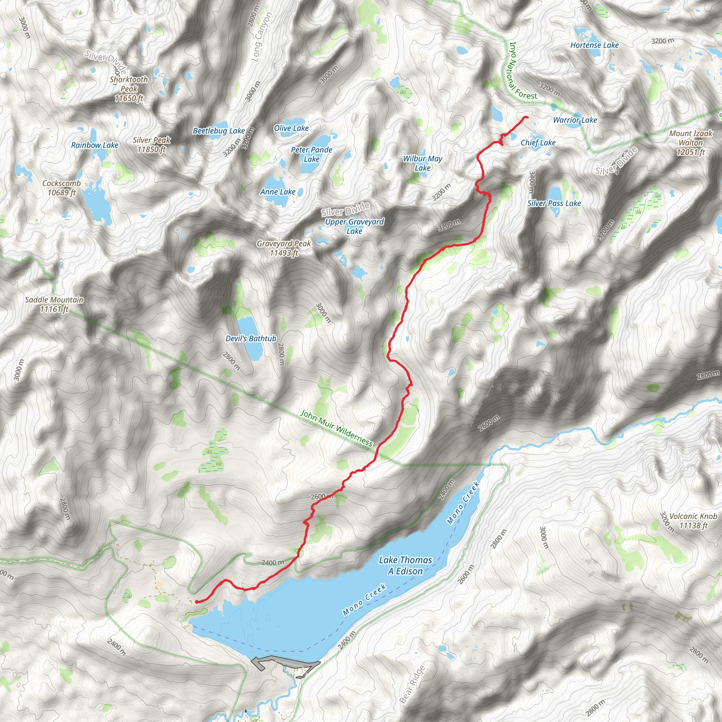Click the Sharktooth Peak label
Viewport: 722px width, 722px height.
pyautogui.click(x=129, y=89)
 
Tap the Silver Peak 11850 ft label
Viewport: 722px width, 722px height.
pyautogui.click(x=151, y=145)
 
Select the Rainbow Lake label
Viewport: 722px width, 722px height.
pyautogui.click(x=94, y=145)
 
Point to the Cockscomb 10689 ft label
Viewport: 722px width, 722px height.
pyautogui.click(x=62, y=188)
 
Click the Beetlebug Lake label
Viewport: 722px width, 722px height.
pyautogui.click(x=219, y=131)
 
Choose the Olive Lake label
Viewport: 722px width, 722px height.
pyautogui.click(x=291, y=128)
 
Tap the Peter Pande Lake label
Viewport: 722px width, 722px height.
pyautogui.click(x=312, y=154)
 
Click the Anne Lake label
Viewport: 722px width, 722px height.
pyautogui.click(x=278, y=192)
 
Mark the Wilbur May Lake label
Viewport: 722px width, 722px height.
pyautogui.click(x=422, y=163)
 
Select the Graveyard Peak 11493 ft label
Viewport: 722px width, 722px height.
pyautogui.click(x=284, y=248)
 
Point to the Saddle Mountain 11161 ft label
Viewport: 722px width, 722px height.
pyautogui.click(x=54, y=304)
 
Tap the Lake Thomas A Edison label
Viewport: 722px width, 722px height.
pyautogui.click(x=405, y=565)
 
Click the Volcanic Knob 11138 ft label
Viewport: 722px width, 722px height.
pyautogui.click(x=693, y=521)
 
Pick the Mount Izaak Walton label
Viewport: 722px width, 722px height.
pyautogui.click(x=691, y=143)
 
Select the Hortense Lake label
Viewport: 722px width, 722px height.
pyautogui.click(x=594, y=45)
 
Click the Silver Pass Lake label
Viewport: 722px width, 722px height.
pyautogui.click(x=554, y=203)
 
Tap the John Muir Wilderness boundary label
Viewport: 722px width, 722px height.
pyautogui.click(x=336, y=428)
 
